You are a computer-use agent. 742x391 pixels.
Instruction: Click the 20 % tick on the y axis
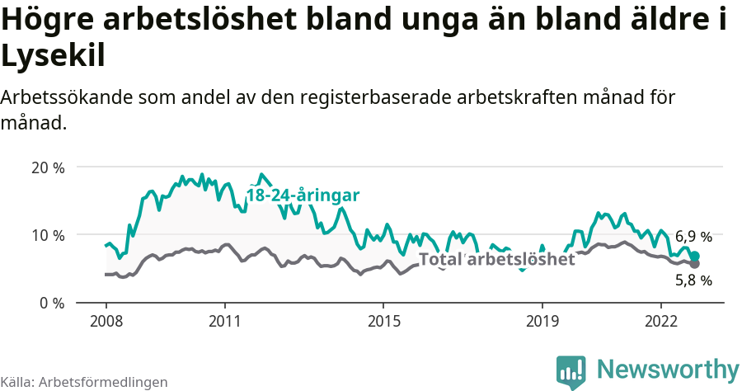click(47, 167)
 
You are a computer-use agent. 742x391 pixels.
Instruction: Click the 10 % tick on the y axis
click(47, 235)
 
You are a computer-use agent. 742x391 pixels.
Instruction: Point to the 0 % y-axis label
click(51, 303)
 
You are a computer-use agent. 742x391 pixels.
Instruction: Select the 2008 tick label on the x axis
click(106, 320)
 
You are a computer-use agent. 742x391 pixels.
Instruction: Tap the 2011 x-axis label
click(225, 320)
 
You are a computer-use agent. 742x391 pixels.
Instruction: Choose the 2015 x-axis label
click(383, 320)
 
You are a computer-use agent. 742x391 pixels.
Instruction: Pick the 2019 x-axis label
click(542, 320)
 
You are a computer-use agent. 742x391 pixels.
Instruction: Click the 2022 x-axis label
click(661, 320)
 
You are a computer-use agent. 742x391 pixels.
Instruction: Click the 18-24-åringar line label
click(303, 195)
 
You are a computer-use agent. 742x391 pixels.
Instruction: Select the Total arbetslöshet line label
click(496, 259)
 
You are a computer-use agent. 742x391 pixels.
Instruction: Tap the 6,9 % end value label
click(693, 237)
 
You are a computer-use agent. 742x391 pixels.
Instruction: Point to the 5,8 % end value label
click(693, 280)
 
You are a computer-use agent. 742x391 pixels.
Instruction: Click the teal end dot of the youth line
click(694, 256)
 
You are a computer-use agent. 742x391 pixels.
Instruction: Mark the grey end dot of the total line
click(694, 264)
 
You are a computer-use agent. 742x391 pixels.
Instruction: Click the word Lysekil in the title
click(53, 56)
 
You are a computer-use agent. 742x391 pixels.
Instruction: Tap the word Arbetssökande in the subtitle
click(67, 97)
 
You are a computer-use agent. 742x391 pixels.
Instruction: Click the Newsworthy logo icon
click(571, 371)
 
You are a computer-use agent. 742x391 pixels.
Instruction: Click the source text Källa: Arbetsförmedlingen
click(84, 382)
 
